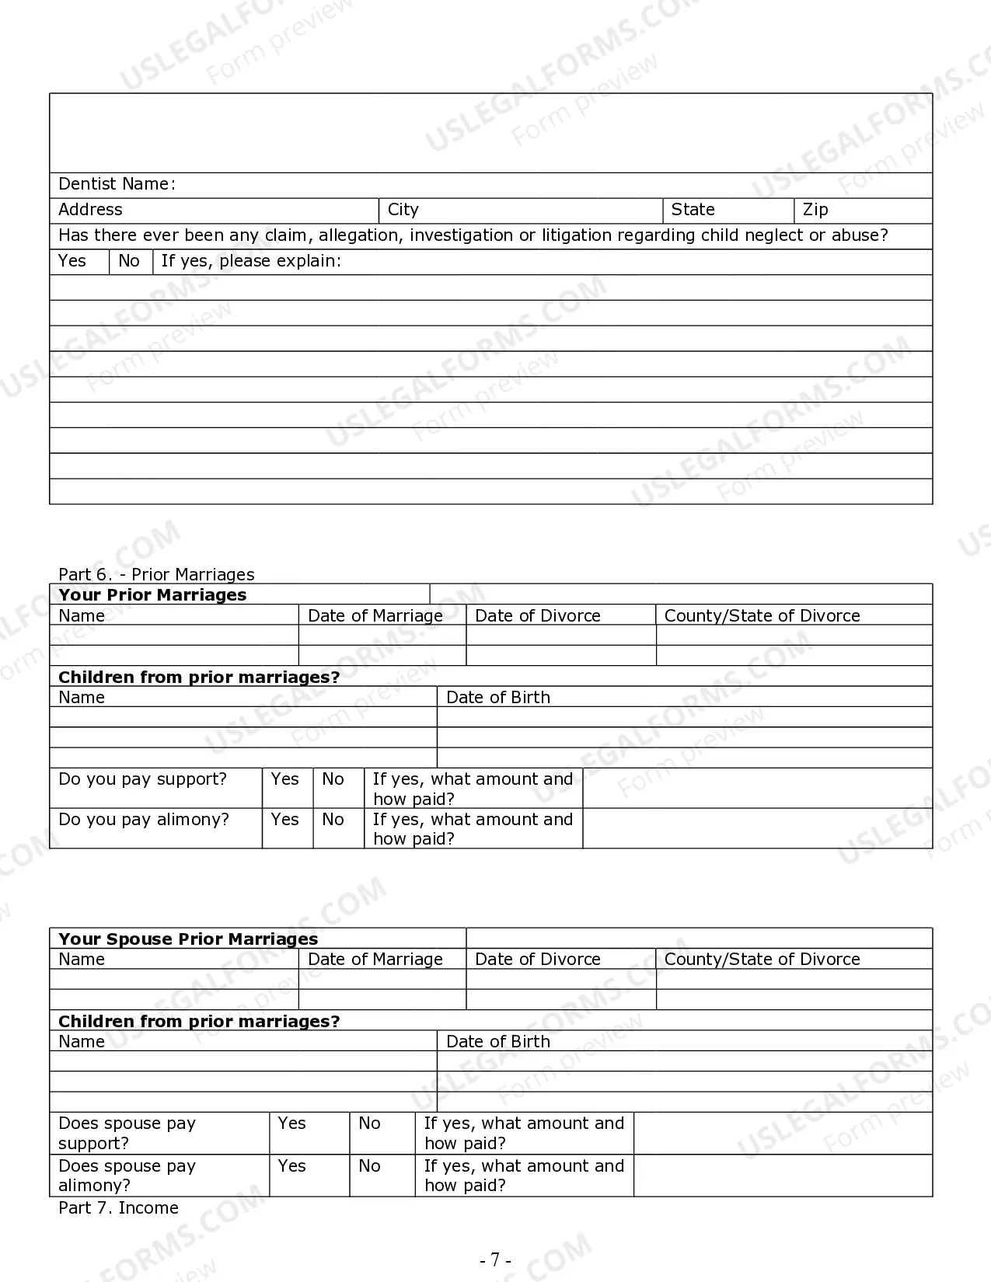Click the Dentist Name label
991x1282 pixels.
117,184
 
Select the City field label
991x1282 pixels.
403,210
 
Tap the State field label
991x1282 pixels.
693,210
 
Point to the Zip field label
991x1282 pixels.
815,210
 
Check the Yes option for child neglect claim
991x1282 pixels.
72,261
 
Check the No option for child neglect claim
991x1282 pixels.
129,261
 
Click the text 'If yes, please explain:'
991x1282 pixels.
251,261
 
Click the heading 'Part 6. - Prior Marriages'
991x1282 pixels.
156,574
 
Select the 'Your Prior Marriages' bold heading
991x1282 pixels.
152,595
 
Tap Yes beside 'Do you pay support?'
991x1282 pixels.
284,779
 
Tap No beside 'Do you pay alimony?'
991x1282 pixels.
333,820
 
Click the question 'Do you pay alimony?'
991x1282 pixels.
144,820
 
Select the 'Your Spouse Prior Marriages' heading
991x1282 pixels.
188,939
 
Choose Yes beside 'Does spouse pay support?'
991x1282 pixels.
291,1123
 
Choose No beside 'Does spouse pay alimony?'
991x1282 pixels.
369,1166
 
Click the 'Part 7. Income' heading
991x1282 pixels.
118,1208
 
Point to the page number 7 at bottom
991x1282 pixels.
495,1259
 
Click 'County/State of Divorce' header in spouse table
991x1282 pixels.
762,960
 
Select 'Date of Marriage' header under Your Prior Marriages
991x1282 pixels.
375,616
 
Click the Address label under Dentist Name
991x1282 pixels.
90,210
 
